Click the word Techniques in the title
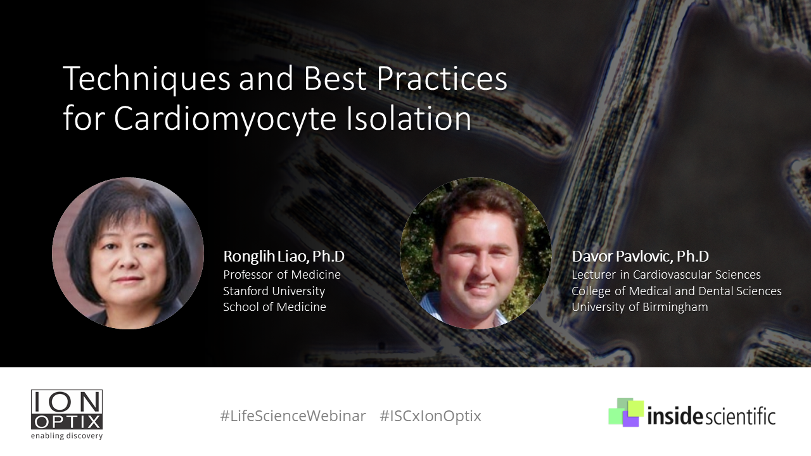146,80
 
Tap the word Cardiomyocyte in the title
225,120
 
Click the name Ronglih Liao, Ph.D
284,256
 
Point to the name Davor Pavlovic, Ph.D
640,256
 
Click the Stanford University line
274,291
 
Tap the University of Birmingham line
640,307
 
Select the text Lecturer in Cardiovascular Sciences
666,275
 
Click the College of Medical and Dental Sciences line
677,291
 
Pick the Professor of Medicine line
282,275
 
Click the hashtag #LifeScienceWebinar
293,416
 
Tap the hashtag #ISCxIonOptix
430,416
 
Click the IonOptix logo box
67,410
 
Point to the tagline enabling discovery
67,436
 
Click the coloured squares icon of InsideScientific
626,412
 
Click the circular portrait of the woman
128,253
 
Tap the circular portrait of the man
476,253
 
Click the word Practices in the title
442,79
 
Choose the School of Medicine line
274,307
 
